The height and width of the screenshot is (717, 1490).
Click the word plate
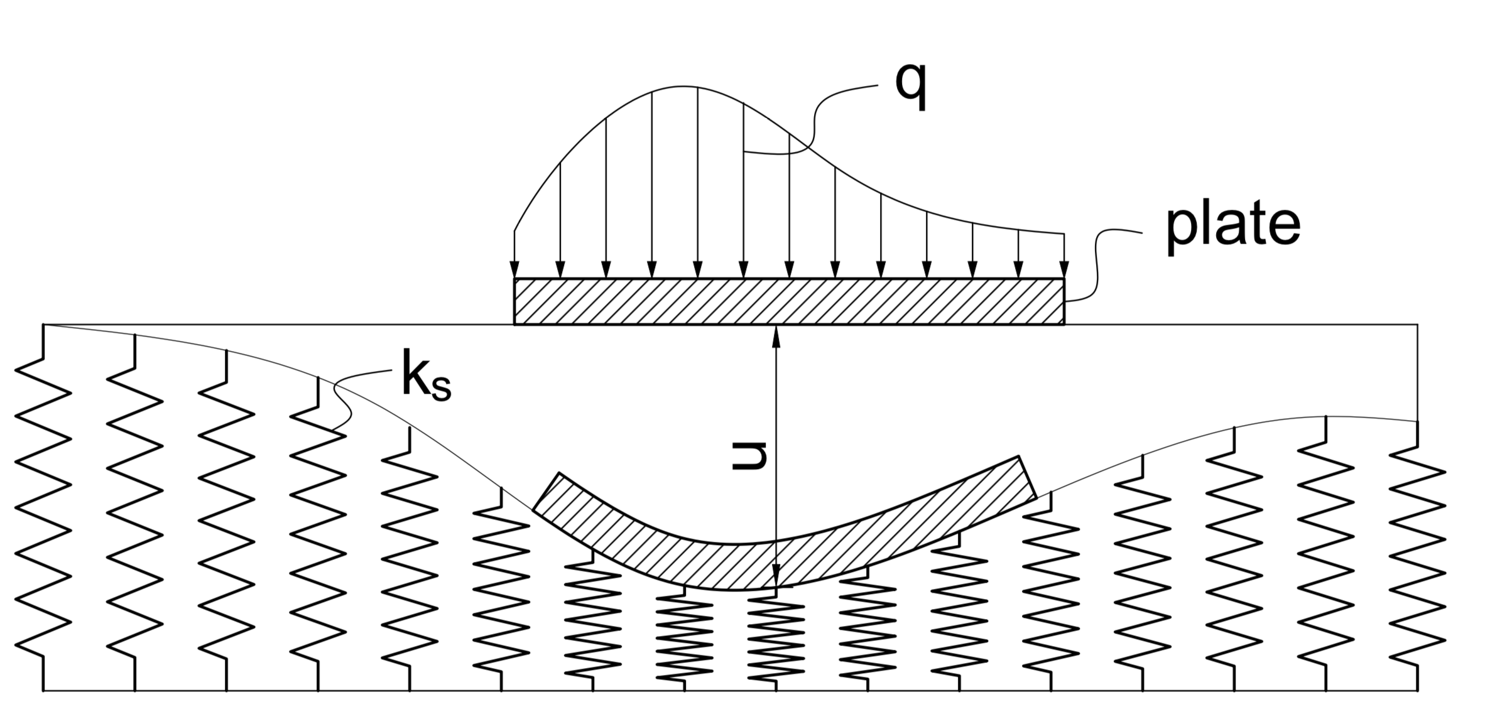pos(1232,227)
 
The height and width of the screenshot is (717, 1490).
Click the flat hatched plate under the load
pos(789,302)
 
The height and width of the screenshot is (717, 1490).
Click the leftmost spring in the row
pos(43,509)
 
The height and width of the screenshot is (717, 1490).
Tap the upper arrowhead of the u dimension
pos(776,335)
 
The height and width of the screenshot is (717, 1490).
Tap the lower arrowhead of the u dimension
pos(776,576)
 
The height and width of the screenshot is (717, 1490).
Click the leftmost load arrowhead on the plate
pos(514,269)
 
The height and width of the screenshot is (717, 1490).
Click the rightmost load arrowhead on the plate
pos(1064,269)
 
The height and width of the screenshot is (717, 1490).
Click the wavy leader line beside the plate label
pos(1098,264)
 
